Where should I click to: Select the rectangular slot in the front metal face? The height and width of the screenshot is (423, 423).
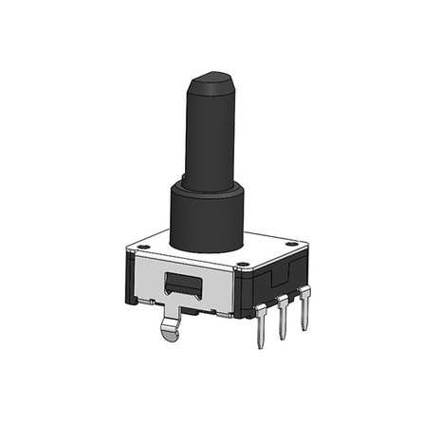(x=183, y=282)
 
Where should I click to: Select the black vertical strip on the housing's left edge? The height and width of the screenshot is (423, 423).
(x=129, y=275)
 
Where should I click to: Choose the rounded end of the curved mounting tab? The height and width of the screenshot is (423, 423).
(x=169, y=333)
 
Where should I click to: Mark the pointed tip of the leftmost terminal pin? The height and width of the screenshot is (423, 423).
(x=261, y=345)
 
